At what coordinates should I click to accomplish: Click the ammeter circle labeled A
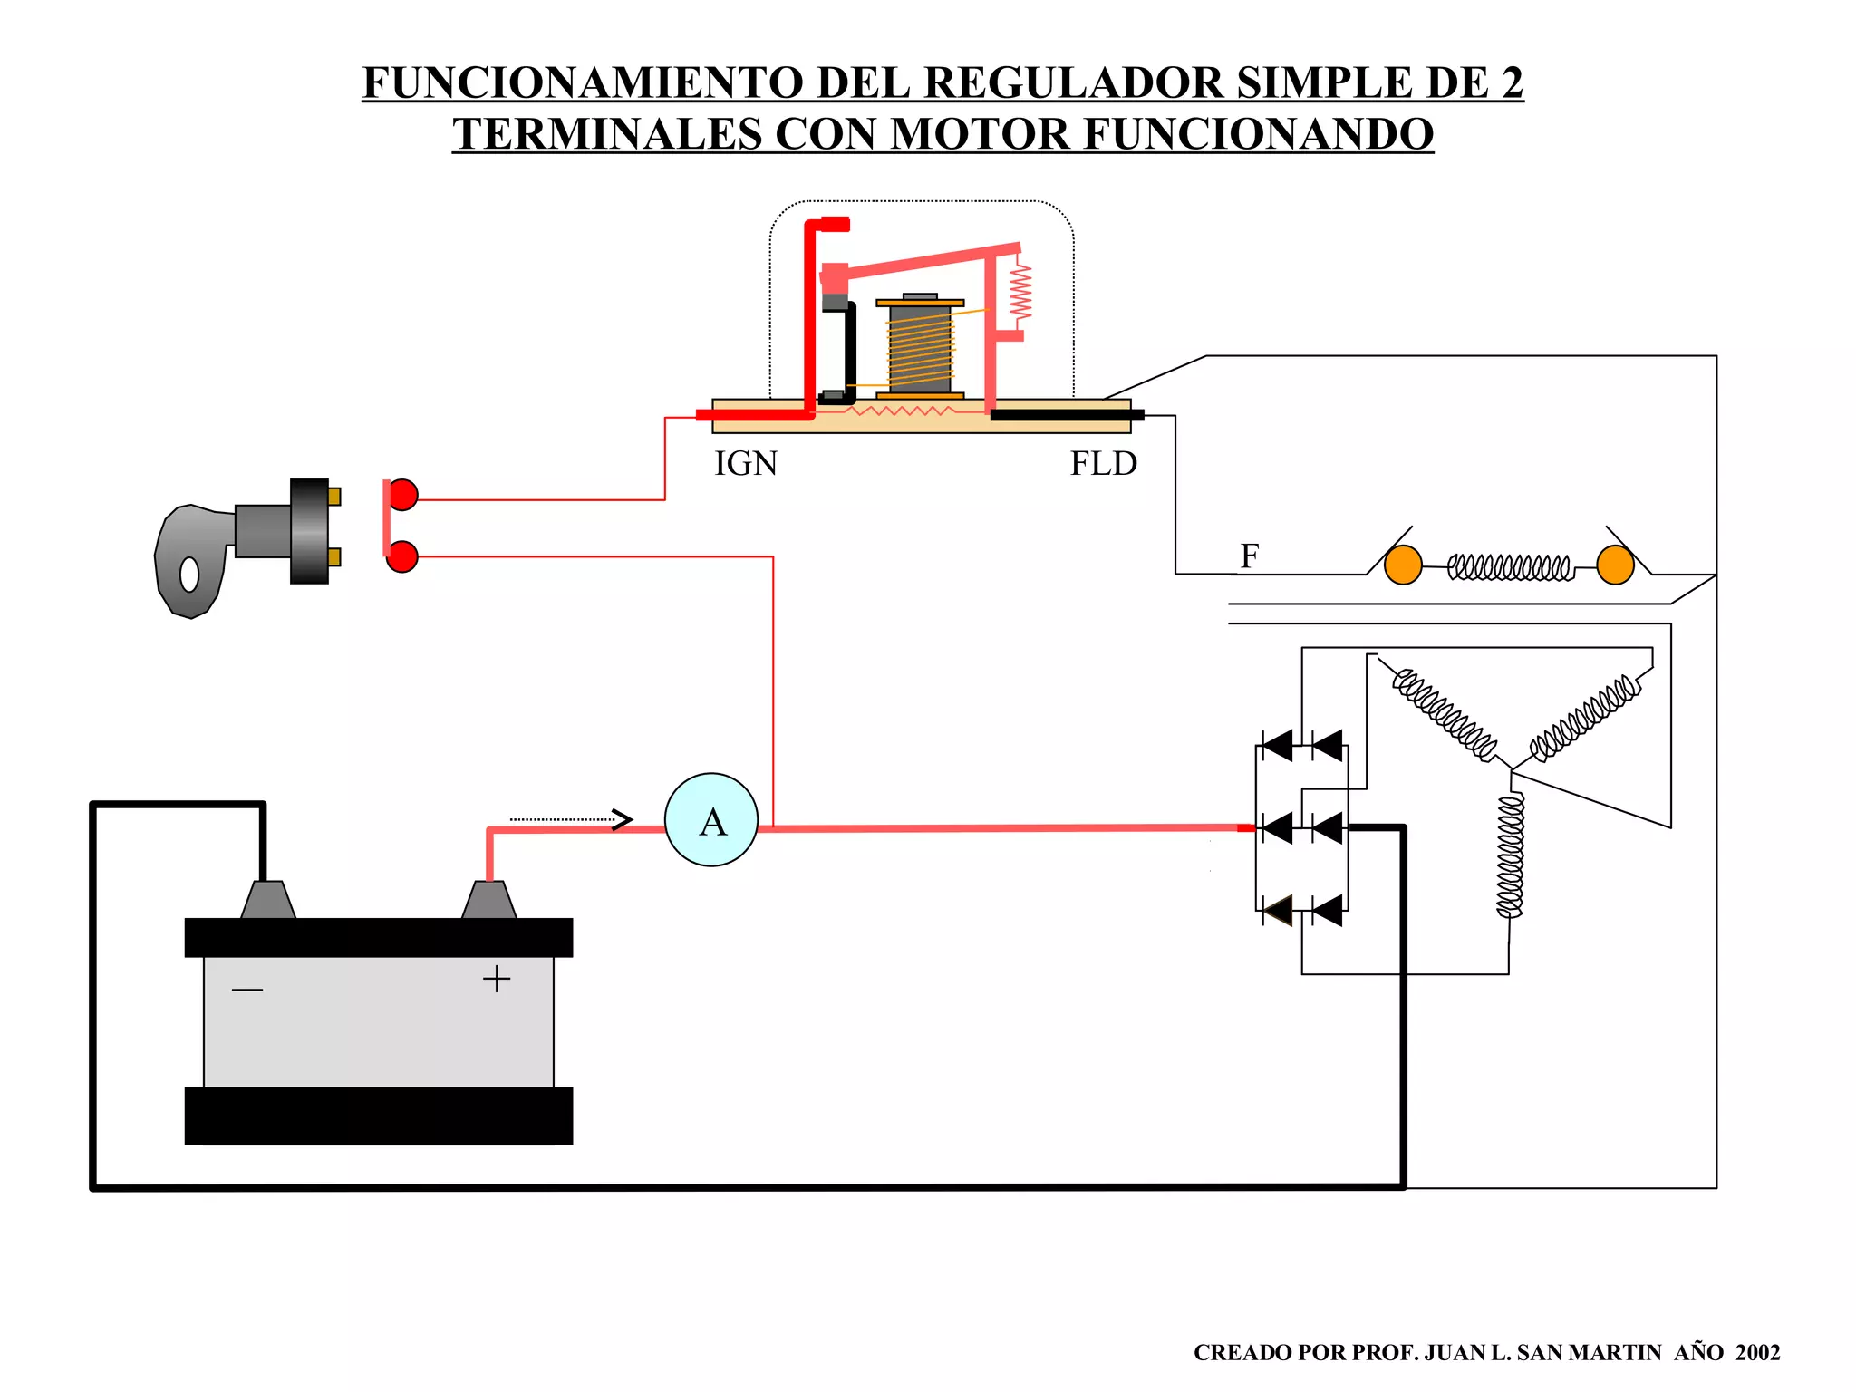[x=711, y=820]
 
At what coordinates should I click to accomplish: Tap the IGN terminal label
[x=746, y=464]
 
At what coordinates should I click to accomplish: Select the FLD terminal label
[x=1103, y=464]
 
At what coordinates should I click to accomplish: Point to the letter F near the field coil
[x=1250, y=556]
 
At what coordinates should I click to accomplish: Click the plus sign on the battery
[x=497, y=979]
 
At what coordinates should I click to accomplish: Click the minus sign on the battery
[x=246, y=990]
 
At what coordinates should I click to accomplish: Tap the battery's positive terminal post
[x=489, y=900]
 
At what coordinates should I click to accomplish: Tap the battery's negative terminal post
[x=268, y=900]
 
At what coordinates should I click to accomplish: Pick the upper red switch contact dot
[x=402, y=495]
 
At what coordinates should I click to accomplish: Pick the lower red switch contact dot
[x=402, y=556]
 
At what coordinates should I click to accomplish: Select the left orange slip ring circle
[x=1403, y=565]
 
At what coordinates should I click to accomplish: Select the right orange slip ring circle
[x=1615, y=565]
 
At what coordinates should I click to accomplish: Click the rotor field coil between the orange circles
[x=1509, y=568]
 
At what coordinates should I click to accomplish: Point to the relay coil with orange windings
[x=920, y=349]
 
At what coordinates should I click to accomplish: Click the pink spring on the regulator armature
[x=1021, y=290]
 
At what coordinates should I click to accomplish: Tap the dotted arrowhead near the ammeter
[x=622, y=819]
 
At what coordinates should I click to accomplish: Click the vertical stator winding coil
[x=1510, y=856]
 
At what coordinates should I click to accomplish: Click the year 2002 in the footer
[x=1757, y=1353]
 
